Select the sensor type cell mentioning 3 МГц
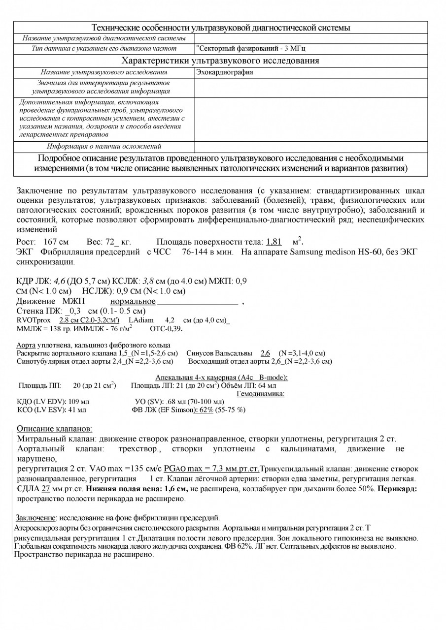(254, 49)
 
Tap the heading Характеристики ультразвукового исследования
(220, 61)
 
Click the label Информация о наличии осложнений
(104, 147)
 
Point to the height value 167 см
(55, 242)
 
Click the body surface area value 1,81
(274, 242)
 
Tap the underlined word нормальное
(133, 301)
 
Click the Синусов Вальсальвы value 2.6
(265, 353)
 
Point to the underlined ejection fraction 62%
(206, 409)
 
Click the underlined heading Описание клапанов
(54, 428)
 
